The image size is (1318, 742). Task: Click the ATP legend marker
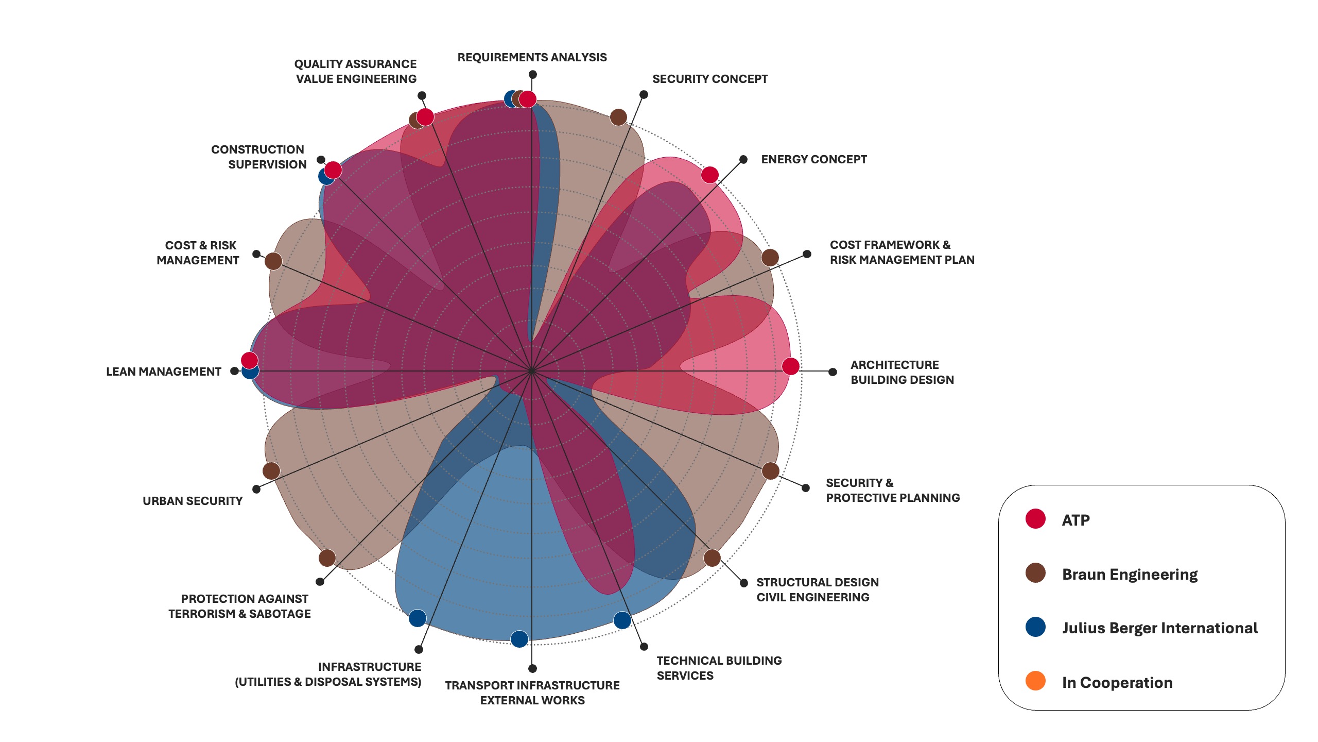pyautogui.click(x=1035, y=519)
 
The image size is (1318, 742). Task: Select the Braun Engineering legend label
pyautogui.click(x=1130, y=574)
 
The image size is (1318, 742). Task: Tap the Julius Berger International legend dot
pyautogui.click(x=1035, y=627)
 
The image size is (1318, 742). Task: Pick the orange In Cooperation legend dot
pyautogui.click(x=1035, y=681)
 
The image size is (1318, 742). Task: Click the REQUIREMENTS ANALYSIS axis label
pyautogui.click(x=532, y=57)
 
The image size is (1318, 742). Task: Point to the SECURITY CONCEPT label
pyautogui.click(x=710, y=79)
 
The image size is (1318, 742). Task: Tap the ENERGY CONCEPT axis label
pyautogui.click(x=813, y=159)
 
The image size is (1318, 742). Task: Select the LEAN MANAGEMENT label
pyautogui.click(x=163, y=372)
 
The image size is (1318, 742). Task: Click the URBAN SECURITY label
pyautogui.click(x=192, y=501)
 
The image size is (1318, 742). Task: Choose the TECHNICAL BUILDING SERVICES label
pyautogui.click(x=719, y=668)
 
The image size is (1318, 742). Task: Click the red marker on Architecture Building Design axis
pyautogui.click(x=791, y=366)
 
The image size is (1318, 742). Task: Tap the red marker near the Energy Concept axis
pyautogui.click(x=709, y=175)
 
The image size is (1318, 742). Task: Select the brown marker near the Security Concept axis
pyautogui.click(x=618, y=117)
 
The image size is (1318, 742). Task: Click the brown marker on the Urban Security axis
pyautogui.click(x=271, y=470)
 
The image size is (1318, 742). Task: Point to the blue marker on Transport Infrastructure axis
pyautogui.click(x=519, y=639)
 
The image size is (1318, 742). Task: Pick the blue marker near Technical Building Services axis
pyautogui.click(x=622, y=620)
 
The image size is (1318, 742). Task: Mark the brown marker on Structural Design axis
pyautogui.click(x=712, y=558)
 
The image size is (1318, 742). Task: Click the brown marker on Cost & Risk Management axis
pyautogui.click(x=273, y=261)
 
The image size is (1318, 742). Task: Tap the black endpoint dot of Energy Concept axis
pyautogui.click(x=743, y=160)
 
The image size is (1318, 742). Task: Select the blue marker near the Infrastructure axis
pyautogui.click(x=418, y=618)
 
